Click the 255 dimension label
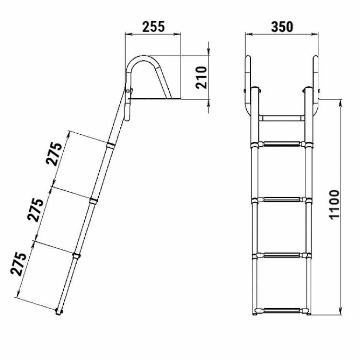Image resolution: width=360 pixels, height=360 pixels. click(x=153, y=27)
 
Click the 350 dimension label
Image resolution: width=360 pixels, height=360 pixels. click(x=282, y=27)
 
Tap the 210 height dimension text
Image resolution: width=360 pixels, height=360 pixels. click(x=201, y=77)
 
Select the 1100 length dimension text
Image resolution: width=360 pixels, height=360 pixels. click(x=334, y=205)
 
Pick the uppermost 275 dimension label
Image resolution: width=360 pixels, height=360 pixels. click(x=54, y=154)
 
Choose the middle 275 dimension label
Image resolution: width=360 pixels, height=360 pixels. click(x=35, y=209)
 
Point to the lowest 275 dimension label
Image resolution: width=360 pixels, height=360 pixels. click(x=18, y=264)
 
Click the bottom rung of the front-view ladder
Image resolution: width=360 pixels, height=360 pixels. click(x=282, y=311)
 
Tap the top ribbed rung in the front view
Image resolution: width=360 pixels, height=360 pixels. click(x=282, y=144)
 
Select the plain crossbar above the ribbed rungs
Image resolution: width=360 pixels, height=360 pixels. click(x=282, y=118)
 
